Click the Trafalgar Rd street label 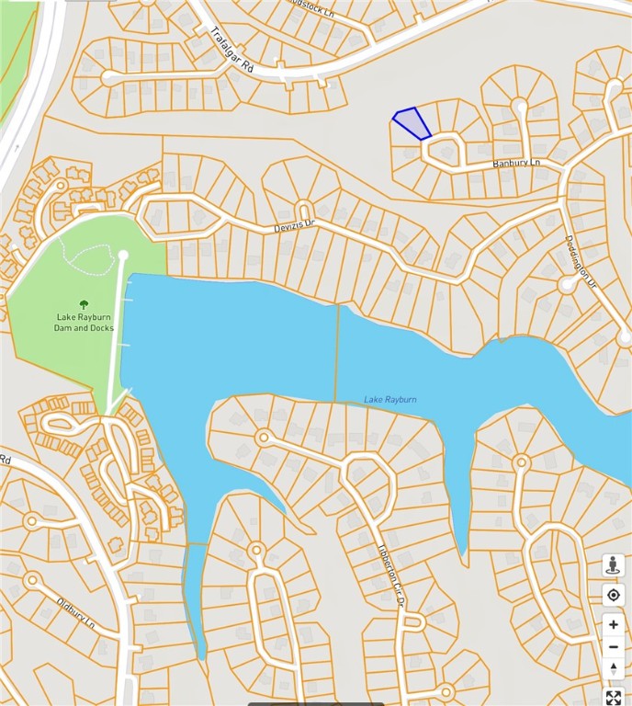231,50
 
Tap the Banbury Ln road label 516,163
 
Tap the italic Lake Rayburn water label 389,399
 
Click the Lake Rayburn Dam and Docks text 84,322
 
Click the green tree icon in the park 84,304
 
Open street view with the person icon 613,565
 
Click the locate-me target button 613,596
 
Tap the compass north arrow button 613,666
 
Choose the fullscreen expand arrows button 613,697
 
